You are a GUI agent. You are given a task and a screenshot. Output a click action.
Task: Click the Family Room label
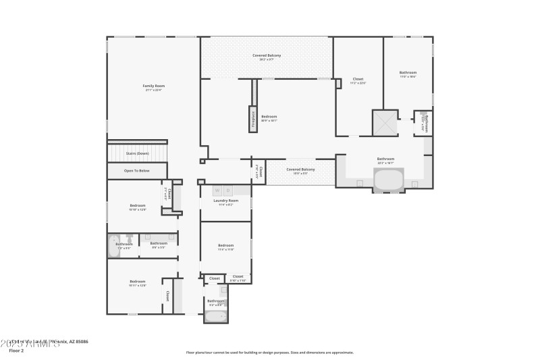click(x=153, y=86)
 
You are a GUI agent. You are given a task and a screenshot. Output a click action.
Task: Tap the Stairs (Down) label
click(x=137, y=153)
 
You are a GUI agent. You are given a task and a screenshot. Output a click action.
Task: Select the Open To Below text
click(x=137, y=170)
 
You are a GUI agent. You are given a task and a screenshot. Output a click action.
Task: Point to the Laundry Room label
click(x=225, y=201)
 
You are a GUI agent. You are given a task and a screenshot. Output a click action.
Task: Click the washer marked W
click(x=217, y=191)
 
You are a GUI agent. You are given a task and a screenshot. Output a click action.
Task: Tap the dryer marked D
click(x=228, y=191)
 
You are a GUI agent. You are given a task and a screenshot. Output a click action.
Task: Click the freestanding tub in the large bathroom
click(x=387, y=181)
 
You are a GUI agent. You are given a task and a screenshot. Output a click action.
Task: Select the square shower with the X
click(x=385, y=122)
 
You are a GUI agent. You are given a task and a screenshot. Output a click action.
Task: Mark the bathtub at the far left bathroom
click(x=113, y=247)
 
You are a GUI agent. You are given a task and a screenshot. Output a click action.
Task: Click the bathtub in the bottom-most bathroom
click(x=216, y=315)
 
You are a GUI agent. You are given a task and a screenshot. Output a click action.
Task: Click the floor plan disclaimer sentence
click(x=269, y=352)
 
